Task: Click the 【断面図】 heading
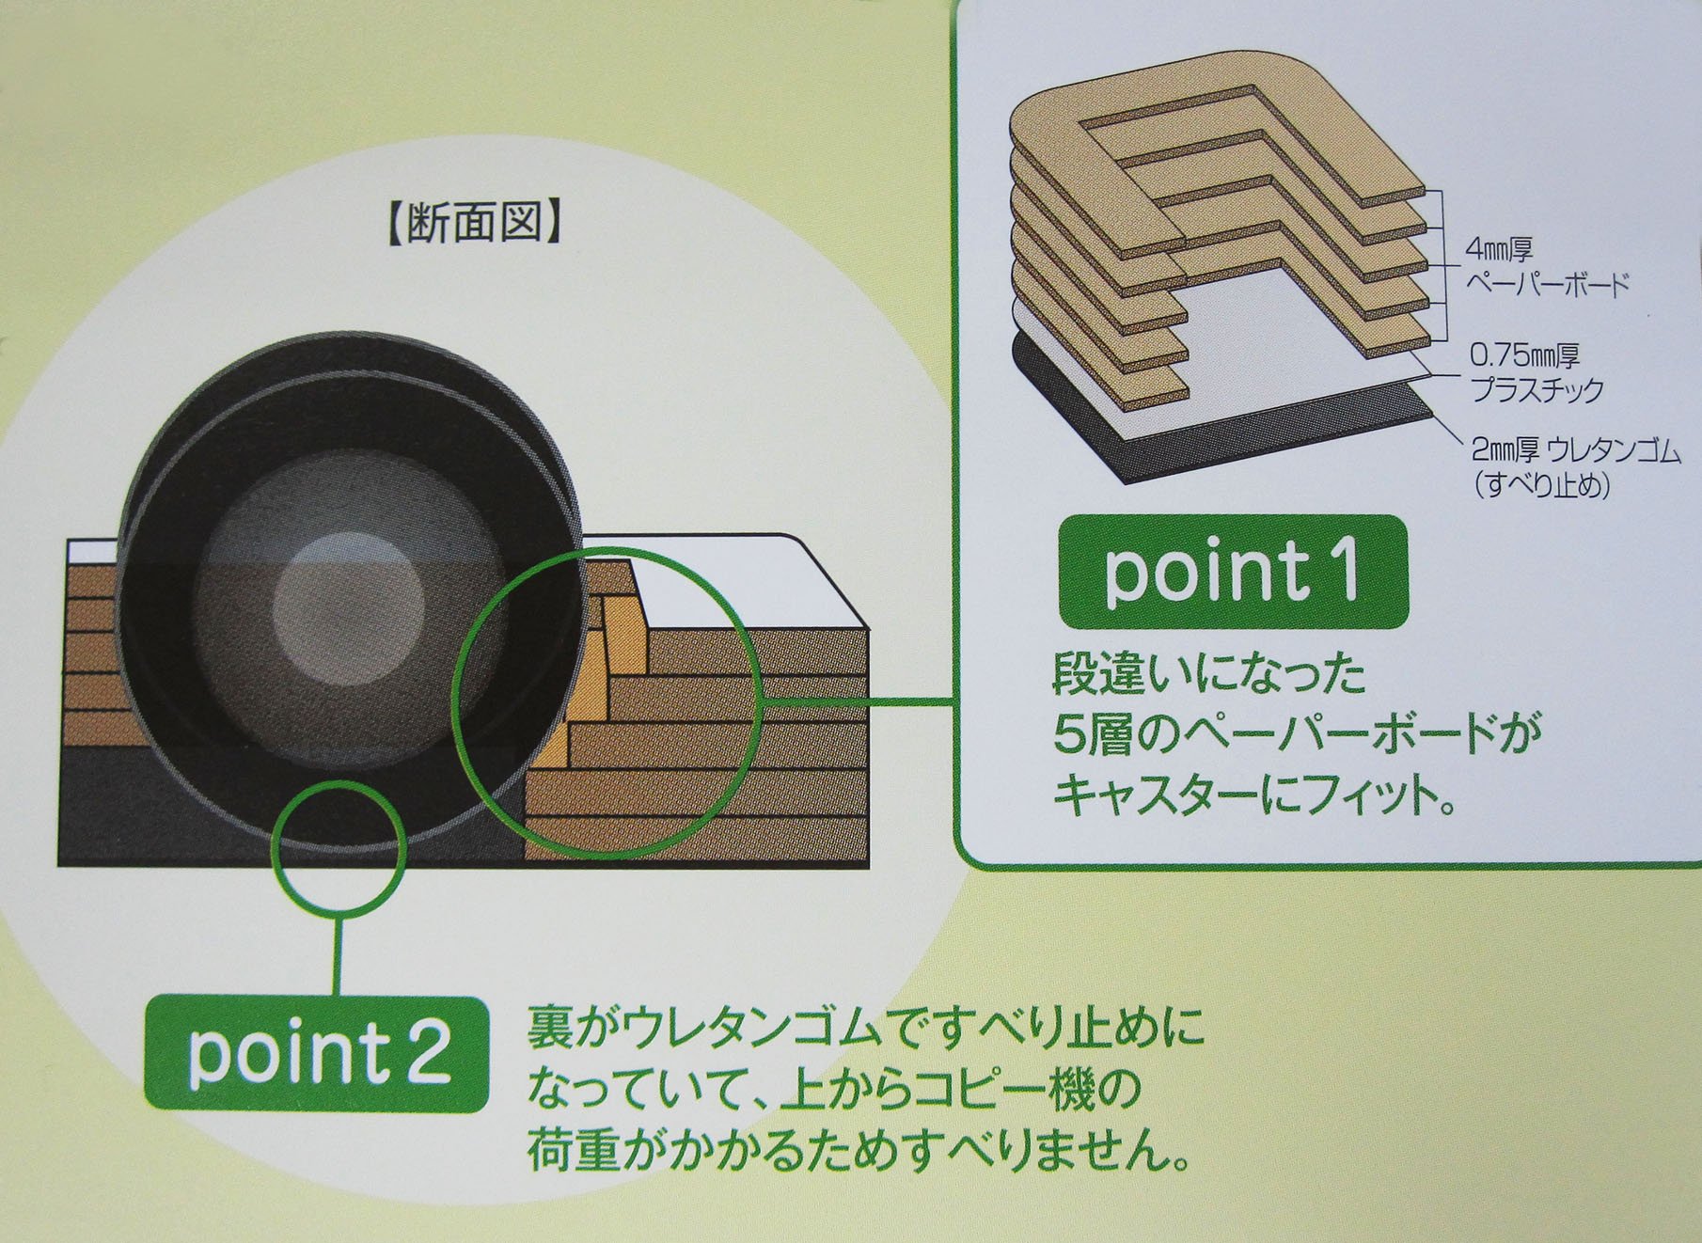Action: click(x=476, y=225)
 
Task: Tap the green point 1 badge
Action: click(x=1232, y=572)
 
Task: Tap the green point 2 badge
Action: click(x=317, y=1054)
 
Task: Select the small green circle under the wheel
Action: click(x=339, y=852)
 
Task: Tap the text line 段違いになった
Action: click(x=1208, y=675)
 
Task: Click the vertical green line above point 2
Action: click(x=339, y=954)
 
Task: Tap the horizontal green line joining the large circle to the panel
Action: click(x=856, y=701)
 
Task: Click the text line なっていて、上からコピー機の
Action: click(x=833, y=1090)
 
